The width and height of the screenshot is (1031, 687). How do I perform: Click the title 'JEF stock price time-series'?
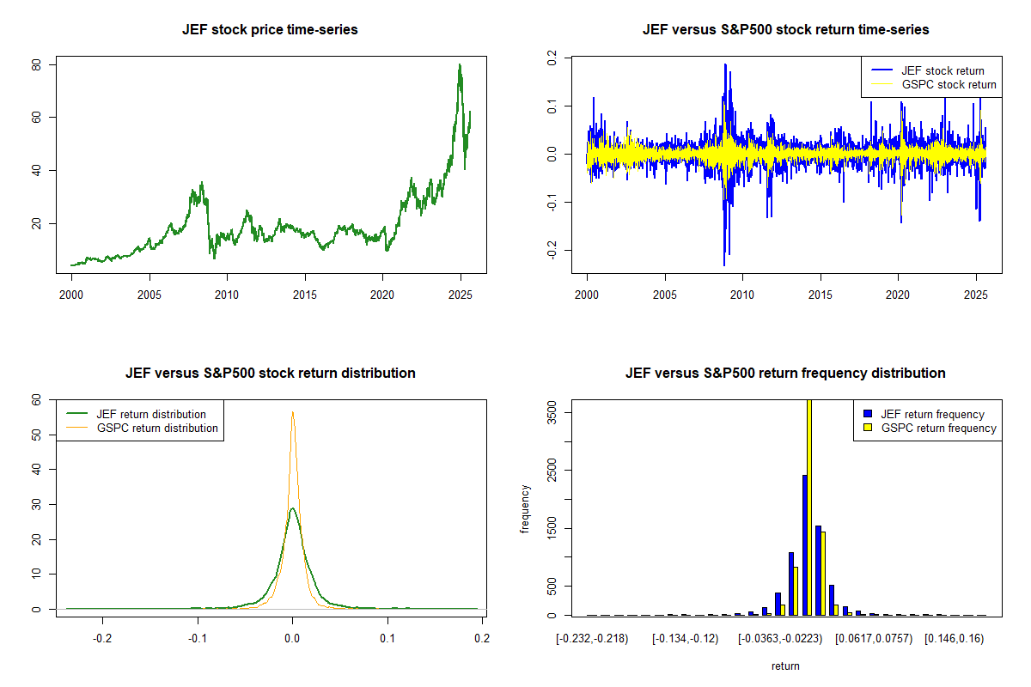(x=270, y=30)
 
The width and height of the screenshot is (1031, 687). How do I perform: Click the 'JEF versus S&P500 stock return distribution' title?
(x=270, y=374)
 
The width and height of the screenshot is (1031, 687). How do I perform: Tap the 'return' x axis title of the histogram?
(x=785, y=666)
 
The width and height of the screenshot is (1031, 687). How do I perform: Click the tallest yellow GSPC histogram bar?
(x=808, y=515)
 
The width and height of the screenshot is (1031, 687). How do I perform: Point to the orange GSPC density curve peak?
(x=292, y=412)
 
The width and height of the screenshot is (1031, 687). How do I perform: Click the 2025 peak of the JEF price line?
(x=460, y=65)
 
